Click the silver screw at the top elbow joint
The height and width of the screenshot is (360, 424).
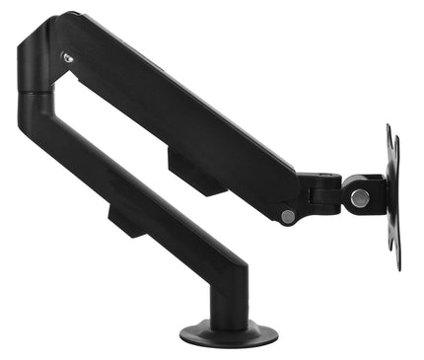67,57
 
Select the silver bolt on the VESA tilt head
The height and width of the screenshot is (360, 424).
360,197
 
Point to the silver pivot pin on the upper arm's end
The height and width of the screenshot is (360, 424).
287,216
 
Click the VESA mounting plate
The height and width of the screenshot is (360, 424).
393,197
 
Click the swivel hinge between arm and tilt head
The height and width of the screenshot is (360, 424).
323,193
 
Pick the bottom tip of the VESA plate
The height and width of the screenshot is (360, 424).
397,267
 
